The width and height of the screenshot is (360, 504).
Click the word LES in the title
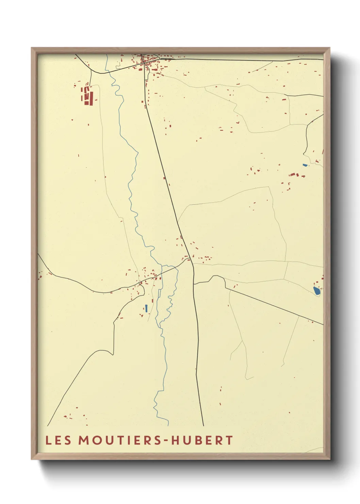pyautogui.click(x=58, y=440)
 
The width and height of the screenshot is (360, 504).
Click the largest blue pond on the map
pyautogui.click(x=317, y=291)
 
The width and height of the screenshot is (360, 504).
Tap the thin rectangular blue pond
pyautogui.click(x=146, y=308)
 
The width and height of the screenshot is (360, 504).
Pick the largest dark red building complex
pyautogui.click(x=87, y=95)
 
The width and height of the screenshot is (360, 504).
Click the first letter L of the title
pyautogui.click(x=48, y=440)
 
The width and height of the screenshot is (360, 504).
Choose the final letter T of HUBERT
pyautogui.click(x=229, y=440)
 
